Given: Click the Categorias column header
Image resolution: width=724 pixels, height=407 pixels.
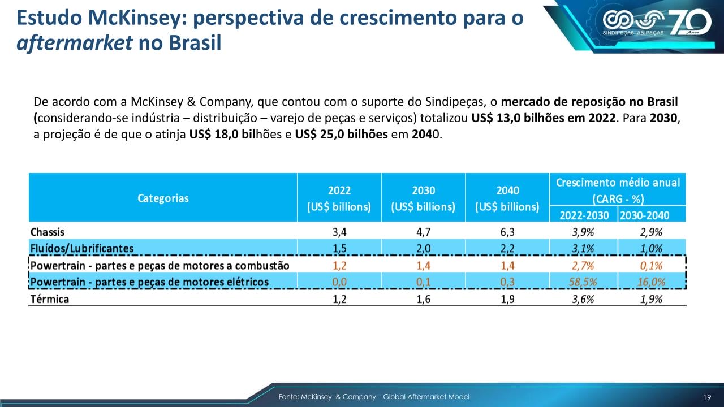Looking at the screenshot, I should [163, 198].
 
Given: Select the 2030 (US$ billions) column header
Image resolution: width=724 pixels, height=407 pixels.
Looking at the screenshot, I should [423, 198].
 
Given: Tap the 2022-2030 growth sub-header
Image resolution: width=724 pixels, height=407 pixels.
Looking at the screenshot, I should [583, 215].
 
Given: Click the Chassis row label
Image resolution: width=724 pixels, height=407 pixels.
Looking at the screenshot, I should [48, 232].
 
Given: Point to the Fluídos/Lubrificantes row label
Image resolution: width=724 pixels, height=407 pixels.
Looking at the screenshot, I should [82, 248].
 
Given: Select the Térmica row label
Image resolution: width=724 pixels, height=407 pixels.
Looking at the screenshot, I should [50, 299].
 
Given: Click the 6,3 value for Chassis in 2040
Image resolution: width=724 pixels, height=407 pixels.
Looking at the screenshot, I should [507, 232].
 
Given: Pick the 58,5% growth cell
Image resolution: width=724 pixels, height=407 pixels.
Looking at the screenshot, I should [583, 282].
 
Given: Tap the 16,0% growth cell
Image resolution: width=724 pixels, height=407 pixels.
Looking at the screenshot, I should [652, 282].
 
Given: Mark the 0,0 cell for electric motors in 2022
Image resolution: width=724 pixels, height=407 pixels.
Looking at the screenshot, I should [339, 282].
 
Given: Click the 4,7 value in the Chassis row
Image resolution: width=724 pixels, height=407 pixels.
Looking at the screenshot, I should [423, 232].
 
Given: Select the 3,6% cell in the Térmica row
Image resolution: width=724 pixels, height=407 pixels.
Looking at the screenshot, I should [583, 299].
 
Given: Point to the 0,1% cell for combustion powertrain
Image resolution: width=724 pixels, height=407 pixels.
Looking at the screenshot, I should [652, 265].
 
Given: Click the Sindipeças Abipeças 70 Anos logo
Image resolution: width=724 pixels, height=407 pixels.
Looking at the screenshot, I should [656, 24].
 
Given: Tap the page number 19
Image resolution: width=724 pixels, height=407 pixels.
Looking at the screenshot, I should [707, 397].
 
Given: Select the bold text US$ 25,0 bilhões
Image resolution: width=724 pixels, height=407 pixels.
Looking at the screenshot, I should [341, 136].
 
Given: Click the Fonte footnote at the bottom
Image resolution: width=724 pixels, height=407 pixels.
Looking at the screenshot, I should [374, 397].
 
